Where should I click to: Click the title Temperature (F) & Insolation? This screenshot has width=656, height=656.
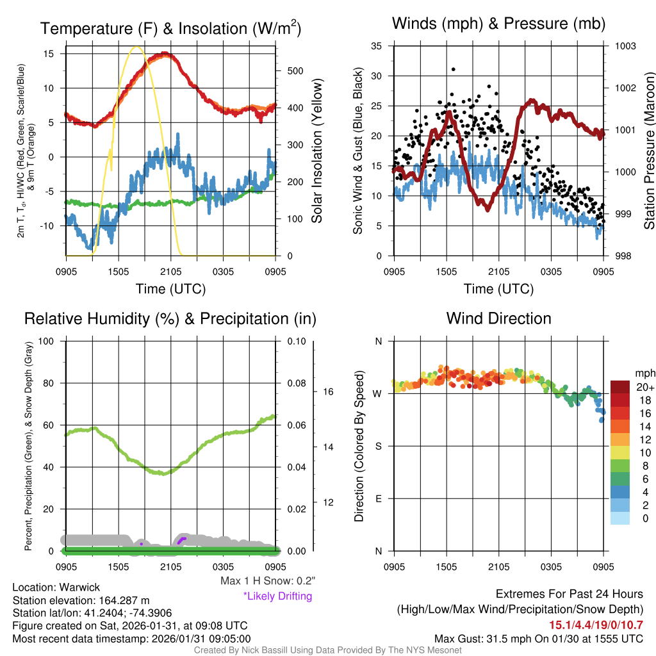tap(170, 29)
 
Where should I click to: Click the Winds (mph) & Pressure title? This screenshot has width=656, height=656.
tap(499, 24)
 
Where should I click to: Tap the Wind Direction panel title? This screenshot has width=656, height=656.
tap(499, 318)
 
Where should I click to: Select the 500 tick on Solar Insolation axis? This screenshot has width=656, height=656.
tap(295, 70)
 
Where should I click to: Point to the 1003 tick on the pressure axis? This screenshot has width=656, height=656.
tap(625, 46)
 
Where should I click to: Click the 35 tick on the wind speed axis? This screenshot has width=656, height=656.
tap(377, 46)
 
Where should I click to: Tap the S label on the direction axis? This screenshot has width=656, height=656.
tap(379, 446)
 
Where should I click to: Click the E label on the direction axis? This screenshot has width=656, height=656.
tap(379, 498)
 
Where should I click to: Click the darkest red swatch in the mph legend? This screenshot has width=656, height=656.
tap(621, 387)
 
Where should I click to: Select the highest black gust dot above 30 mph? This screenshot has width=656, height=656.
tap(454, 69)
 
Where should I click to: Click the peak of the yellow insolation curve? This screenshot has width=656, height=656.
tap(136, 47)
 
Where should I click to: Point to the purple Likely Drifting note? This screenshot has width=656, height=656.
tap(277, 596)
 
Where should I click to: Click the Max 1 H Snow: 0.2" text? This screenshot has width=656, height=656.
tap(267, 581)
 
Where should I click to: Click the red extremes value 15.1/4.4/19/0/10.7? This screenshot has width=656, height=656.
tap(596, 625)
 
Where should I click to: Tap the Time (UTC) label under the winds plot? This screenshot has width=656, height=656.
tap(499, 289)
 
